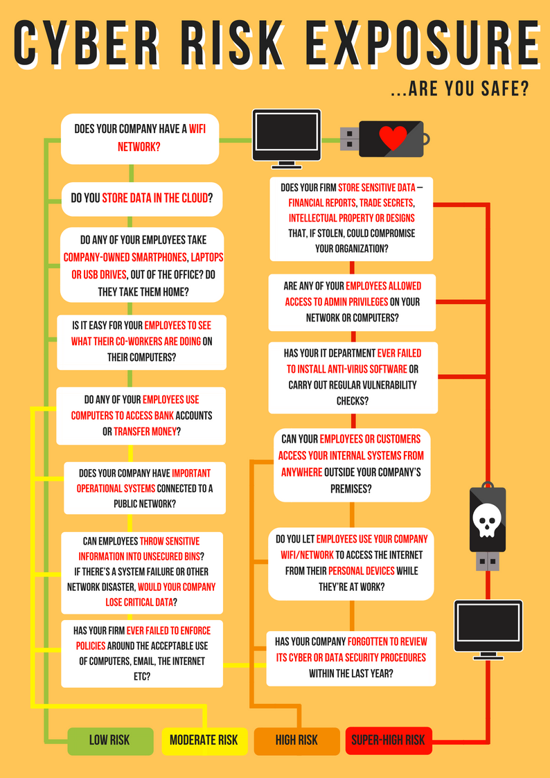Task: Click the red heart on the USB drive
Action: point(393,137)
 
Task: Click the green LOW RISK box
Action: point(110,741)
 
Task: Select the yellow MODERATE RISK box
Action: point(204,741)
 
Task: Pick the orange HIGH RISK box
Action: point(296,741)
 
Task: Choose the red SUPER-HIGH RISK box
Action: point(389,741)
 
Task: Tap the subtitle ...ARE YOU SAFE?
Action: point(460,89)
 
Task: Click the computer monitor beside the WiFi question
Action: point(287,139)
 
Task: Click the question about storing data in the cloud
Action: point(141,199)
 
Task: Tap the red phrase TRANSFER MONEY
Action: point(145,432)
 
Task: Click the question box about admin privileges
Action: point(352,302)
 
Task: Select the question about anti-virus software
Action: point(353,377)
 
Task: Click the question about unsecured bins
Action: point(142,572)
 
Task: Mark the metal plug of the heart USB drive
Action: point(350,139)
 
